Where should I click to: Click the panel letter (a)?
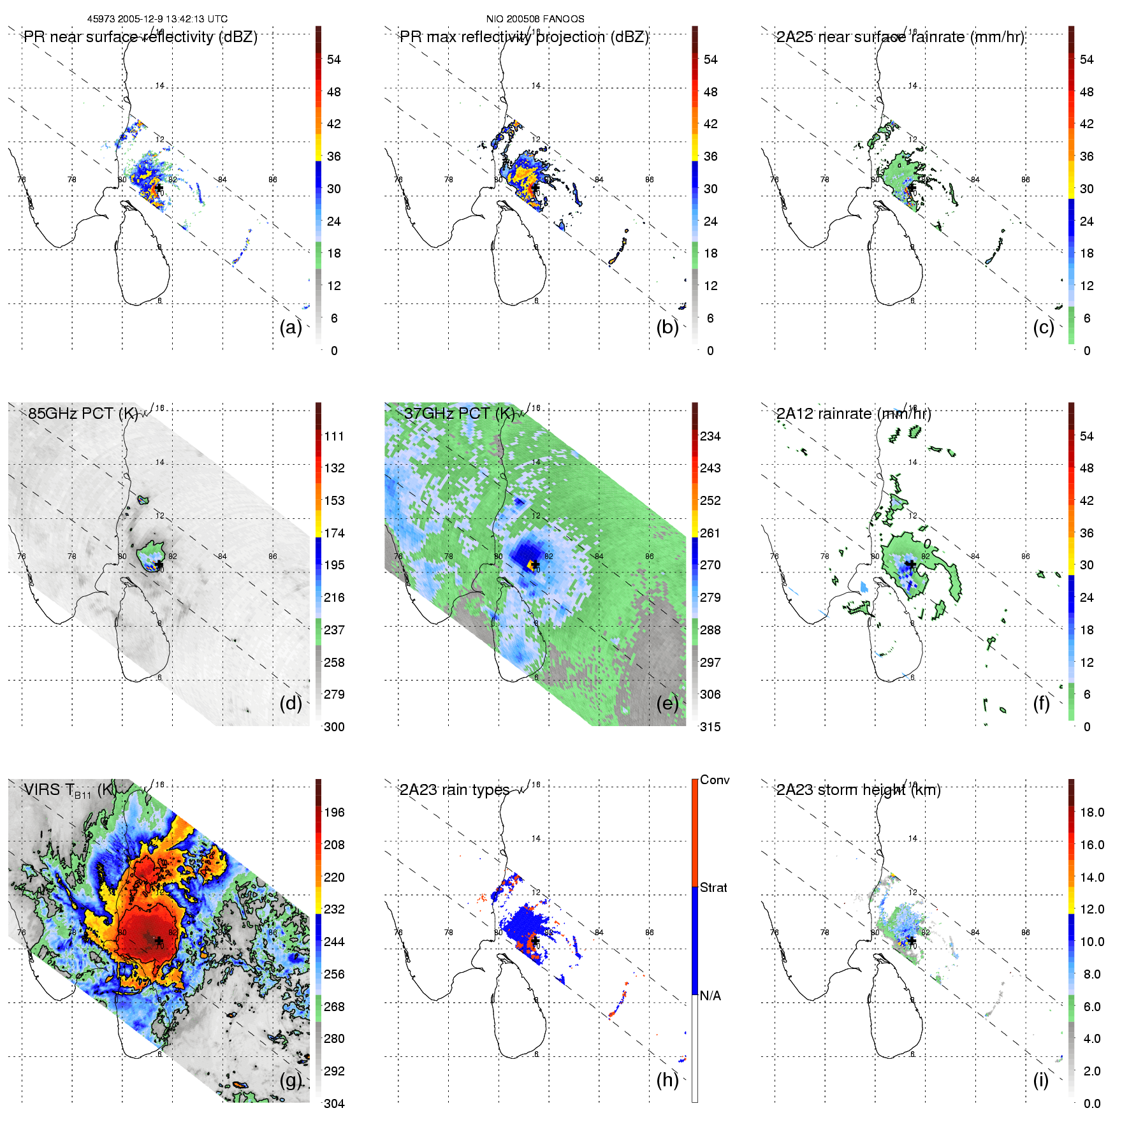pyautogui.click(x=290, y=327)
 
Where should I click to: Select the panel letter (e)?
pyautogui.click(x=667, y=703)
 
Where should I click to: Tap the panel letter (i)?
pyautogui.click(x=1040, y=1080)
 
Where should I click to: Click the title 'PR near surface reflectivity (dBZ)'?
pyautogui.click(x=140, y=37)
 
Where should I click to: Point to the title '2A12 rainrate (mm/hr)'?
pyautogui.click(x=854, y=414)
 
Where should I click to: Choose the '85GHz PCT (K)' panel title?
pyautogui.click(x=83, y=414)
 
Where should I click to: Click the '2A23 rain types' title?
pyautogui.click(x=454, y=790)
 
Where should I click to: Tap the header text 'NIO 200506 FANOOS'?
pyautogui.click(x=535, y=19)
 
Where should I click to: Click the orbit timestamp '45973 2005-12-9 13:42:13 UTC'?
pyautogui.click(x=157, y=19)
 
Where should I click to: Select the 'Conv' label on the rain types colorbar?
pyautogui.click(x=714, y=780)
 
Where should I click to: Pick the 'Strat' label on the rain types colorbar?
pyautogui.click(x=713, y=887)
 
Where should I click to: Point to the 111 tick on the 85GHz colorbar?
pyautogui.click(x=334, y=436)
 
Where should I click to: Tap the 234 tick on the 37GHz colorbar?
pyautogui.click(x=710, y=436)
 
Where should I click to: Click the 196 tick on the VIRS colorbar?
pyautogui.click(x=334, y=812)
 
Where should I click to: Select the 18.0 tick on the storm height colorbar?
pyautogui.click(x=1091, y=812)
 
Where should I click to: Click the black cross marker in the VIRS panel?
pyautogui.click(x=159, y=940)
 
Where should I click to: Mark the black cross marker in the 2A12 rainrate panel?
pyautogui.click(x=912, y=564)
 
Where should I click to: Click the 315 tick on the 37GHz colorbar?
pyautogui.click(x=710, y=727)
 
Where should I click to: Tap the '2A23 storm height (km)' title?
pyautogui.click(x=858, y=790)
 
